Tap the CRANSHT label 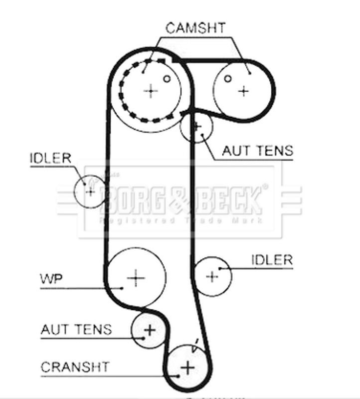75,368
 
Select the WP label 51,278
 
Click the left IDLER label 50,159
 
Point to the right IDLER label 272,260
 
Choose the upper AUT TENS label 257,150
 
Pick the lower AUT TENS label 76,329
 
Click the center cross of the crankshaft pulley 187,368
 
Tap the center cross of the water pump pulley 136,277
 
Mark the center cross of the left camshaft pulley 151,91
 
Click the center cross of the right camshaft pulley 243,91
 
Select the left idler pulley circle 90,190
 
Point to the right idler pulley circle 212,276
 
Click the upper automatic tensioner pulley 196,127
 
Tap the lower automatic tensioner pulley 149,330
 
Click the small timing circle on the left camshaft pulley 167,78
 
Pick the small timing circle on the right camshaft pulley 227,78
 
